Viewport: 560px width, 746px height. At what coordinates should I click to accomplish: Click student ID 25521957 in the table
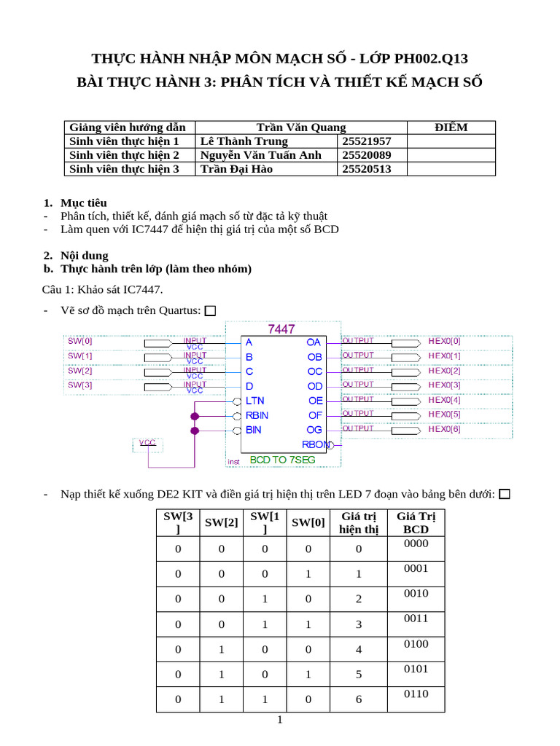pos(366,141)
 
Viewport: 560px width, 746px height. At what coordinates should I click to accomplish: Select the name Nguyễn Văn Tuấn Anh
pos(260,155)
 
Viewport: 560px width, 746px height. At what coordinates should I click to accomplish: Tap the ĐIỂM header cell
pos(451,127)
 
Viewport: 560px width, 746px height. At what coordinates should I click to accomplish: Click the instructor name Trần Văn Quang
pos(301,127)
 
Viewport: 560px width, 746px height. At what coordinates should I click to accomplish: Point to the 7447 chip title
pos(281,329)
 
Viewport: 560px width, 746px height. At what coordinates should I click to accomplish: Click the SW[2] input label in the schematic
pos(80,371)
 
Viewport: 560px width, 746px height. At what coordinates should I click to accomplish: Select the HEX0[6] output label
pos(444,429)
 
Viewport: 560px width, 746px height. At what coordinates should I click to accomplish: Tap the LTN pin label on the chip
pos(255,401)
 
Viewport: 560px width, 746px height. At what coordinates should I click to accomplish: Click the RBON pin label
pos(316,444)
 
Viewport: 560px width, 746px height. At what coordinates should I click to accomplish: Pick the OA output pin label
pos(314,342)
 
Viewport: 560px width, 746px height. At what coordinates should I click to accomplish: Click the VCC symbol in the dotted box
pos(148,443)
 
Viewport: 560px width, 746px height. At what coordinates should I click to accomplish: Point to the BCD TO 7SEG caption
pos(284,460)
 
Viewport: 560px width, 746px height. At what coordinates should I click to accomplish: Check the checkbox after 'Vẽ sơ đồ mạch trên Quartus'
pos(211,311)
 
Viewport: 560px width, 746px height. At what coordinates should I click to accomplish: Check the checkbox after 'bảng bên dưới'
pos(505,495)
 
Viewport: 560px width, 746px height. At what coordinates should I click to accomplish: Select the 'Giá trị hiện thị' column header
pos(359,523)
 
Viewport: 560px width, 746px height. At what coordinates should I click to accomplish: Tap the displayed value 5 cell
pos(359,675)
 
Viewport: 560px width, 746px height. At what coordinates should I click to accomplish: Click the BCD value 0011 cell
pos(416,619)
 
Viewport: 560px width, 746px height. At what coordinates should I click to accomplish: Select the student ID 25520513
pos(366,169)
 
